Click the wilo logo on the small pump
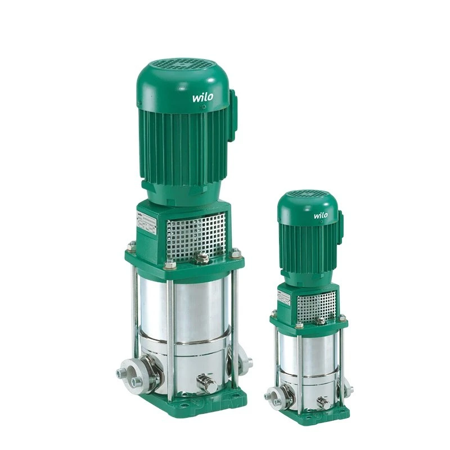(321, 215)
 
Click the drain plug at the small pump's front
(322, 403)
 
